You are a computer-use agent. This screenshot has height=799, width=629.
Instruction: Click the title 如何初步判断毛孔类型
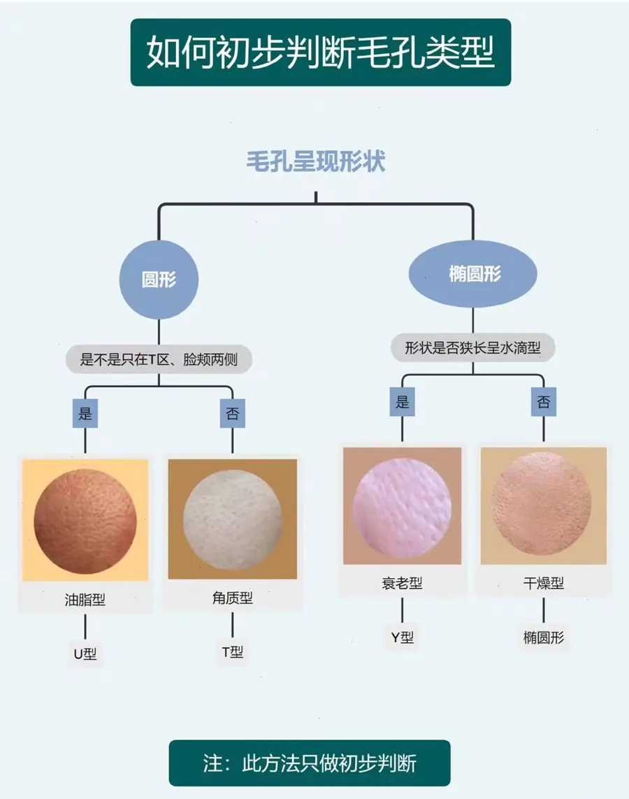[x=320, y=52]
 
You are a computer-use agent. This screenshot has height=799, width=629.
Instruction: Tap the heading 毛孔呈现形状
[x=316, y=162]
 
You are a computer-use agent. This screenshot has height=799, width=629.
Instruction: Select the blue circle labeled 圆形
[x=159, y=280]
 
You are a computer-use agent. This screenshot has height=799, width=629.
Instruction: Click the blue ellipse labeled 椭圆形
[x=473, y=273]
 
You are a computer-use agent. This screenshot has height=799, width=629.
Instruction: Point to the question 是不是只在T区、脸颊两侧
[x=159, y=359]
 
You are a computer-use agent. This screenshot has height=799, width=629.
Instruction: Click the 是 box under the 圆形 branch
[x=85, y=413]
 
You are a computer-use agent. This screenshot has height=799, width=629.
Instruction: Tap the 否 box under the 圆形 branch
[x=233, y=413]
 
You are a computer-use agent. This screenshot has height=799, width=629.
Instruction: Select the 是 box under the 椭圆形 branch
[x=403, y=402]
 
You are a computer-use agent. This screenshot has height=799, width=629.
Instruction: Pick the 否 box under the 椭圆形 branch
[x=543, y=402]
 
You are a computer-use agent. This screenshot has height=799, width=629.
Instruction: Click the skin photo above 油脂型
[x=85, y=519]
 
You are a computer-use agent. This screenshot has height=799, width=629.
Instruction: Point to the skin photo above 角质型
[x=233, y=519]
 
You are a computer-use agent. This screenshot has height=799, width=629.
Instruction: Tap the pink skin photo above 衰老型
[x=403, y=505]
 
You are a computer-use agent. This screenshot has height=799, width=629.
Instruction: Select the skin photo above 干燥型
[x=543, y=505]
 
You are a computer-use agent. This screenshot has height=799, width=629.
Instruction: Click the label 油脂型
[x=85, y=600]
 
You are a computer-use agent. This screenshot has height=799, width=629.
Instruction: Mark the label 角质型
[x=233, y=598]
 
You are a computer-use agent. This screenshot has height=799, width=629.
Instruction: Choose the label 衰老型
[x=403, y=583]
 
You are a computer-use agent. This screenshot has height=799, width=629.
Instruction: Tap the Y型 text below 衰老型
[x=403, y=638]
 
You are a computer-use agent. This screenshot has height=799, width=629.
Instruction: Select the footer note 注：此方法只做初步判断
[x=310, y=763]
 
